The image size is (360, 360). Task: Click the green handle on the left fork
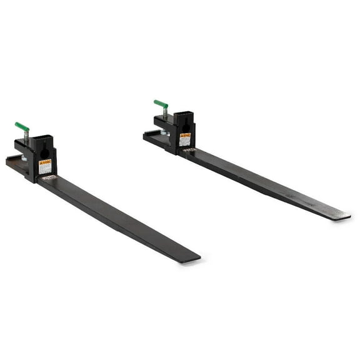(22, 127)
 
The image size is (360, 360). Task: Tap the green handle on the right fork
(161, 104)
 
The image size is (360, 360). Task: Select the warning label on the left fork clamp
(44, 167)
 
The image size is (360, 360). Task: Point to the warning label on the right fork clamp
(184, 139)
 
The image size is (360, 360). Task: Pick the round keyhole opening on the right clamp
(184, 125)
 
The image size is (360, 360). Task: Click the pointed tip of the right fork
(345, 216)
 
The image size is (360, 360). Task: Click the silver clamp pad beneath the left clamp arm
(24, 158)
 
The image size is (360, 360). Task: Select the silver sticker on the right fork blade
(189, 151)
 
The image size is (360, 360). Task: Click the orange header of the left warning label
(44, 162)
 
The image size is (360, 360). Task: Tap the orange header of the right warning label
(184, 135)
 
